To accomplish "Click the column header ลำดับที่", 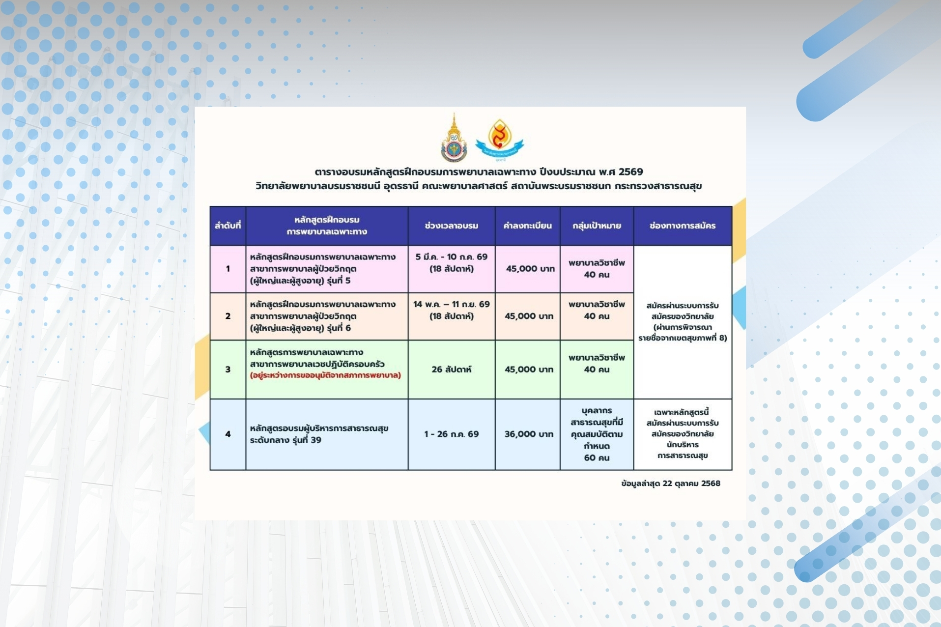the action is pos(228,226).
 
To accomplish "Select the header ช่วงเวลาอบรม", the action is pos(452,226).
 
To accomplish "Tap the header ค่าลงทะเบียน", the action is pos(528,226).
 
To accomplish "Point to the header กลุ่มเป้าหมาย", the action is pos(597,226).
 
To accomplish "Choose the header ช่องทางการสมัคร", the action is pos(683,226).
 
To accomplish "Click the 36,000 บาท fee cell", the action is pos(529,434).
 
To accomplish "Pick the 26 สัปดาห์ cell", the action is pos(452,370).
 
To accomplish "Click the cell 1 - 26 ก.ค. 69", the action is pos(452,434).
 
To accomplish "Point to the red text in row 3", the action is pos(325,376).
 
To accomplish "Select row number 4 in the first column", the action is pos(228,434).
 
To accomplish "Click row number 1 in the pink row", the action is pos(228,269).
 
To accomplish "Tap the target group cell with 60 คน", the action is pos(597,434).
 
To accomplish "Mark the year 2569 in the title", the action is pos(630,172).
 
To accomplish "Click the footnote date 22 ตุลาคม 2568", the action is pos(691,484).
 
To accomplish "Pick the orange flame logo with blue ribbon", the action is pos(499,140).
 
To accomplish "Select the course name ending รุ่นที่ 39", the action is pos(319,434).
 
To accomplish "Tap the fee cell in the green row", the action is pos(529,370).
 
